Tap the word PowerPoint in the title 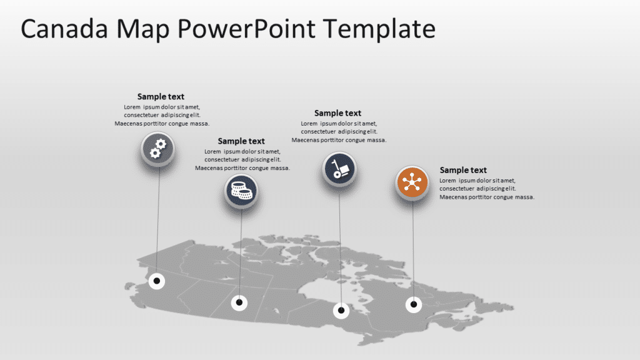click(244, 29)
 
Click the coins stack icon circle click(241, 190)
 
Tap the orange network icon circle click(412, 183)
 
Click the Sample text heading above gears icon click(161, 96)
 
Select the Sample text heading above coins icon click(241, 141)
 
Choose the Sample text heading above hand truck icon click(337, 113)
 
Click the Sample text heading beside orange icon click(463, 170)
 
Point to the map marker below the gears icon click(157, 281)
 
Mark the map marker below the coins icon click(239, 303)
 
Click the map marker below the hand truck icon click(341, 309)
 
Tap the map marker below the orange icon click(412, 304)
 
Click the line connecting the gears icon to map click(157, 219)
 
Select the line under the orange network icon click(412, 250)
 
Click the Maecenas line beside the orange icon click(487, 197)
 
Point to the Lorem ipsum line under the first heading click(162, 107)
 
